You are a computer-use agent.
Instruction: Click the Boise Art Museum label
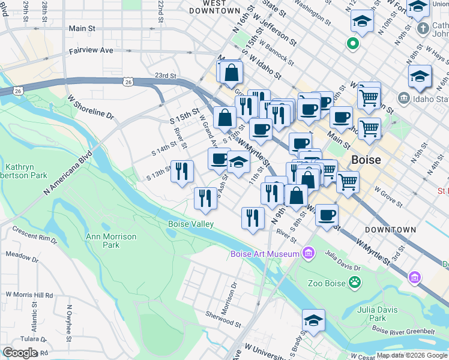click(x=265, y=254)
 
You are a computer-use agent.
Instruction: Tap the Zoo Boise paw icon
click(x=356, y=281)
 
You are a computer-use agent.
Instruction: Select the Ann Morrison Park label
click(x=111, y=241)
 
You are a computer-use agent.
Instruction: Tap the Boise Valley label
click(x=191, y=224)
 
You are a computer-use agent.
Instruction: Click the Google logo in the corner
click(x=20, y=353)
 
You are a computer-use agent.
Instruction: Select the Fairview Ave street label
click(x=91, y=51)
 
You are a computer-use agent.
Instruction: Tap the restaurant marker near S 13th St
click(x=182, y=172)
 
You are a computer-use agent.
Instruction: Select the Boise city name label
click(x=366, y=160)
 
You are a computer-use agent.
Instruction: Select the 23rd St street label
click(x=164, y=76)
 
